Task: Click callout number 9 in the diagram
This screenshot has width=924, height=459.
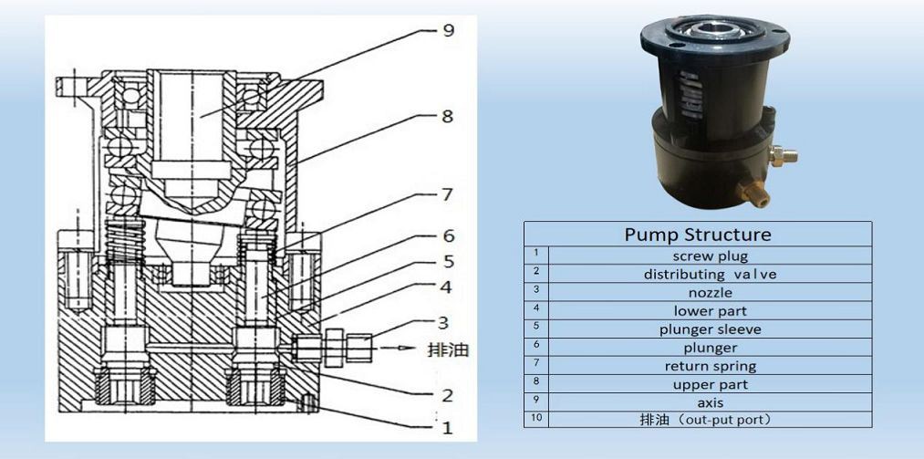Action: tap(447, 31)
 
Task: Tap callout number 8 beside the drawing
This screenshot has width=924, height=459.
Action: tap(447, 117)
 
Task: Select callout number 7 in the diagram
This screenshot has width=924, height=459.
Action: tap(446, 194)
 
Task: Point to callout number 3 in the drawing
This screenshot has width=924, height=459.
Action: tap(442, 321)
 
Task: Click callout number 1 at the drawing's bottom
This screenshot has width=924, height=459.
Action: tap(446, 427)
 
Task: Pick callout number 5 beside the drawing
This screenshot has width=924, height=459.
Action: tap(447, 261)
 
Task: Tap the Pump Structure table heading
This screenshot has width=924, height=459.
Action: tap(697, 235)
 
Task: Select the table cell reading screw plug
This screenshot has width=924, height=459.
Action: tap(710, 256)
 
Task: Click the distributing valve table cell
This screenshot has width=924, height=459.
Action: tap(711, 274)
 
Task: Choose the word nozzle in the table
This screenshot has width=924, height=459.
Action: tap(711, 293)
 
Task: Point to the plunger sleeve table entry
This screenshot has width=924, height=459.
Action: tap(711, 329)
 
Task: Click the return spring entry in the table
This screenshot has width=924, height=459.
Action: tap(711, 366)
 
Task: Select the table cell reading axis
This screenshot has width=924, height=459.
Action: tap(711, 402)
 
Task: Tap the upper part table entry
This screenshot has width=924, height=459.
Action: tap(711, 384)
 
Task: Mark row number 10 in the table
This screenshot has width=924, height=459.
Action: tap(536, 420)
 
